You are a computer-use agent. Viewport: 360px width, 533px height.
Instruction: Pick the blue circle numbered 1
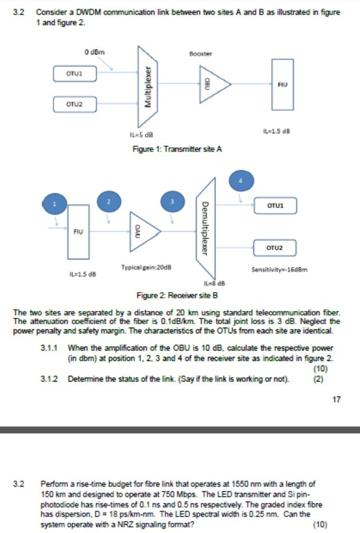tap(56, 204)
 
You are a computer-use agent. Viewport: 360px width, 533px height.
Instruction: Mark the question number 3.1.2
tap(50, 378)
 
